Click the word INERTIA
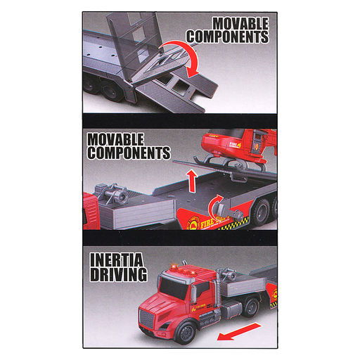(117, 259)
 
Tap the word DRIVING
(119, 274)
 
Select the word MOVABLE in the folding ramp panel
(240, 24)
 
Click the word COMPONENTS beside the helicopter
(129, 153)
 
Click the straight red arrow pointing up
(192, 181)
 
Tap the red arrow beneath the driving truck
(238, 331)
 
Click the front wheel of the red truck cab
(187, 331)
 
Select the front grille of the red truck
(146, 319)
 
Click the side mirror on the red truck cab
(193, 294)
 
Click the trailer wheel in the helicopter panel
(261, 212)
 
